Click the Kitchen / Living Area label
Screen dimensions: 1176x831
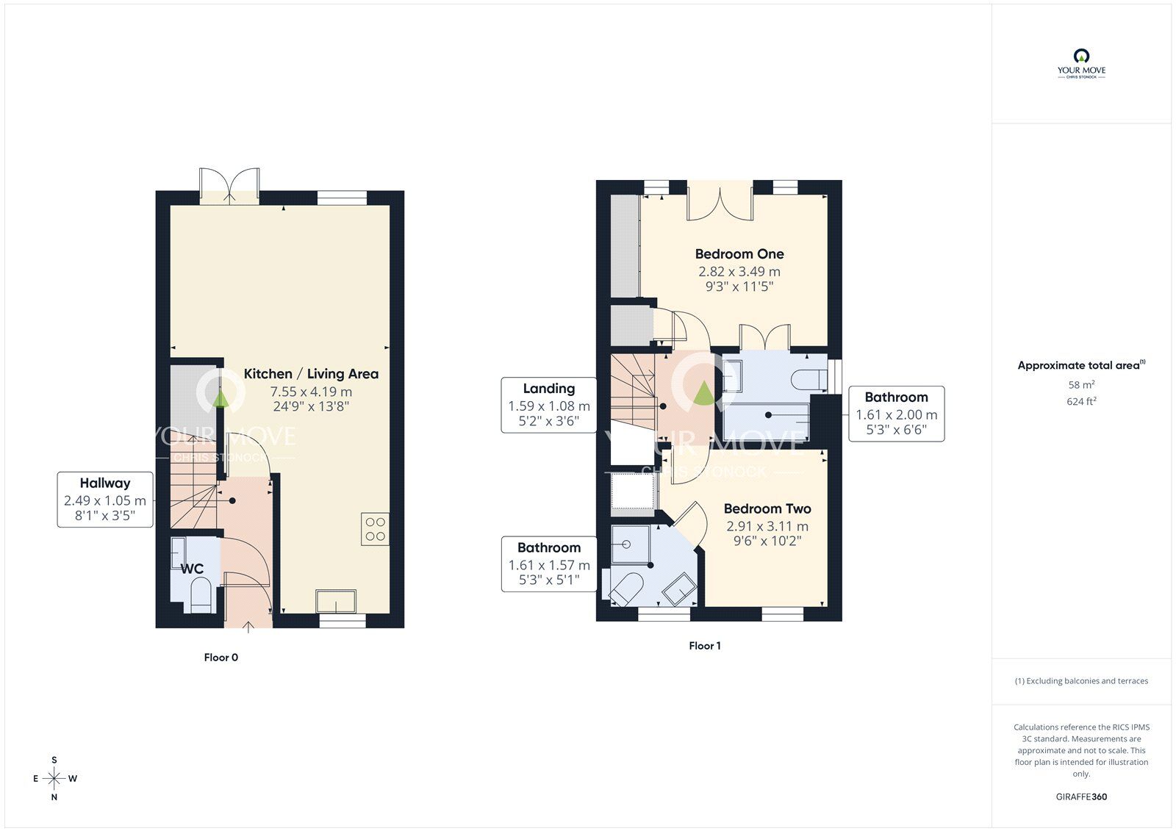click(311, 374)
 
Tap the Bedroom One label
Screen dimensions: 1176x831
click(739, 254)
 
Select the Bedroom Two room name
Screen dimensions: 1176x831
click(767, 508)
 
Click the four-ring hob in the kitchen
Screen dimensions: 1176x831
click(375, 528)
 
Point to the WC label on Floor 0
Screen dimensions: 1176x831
click(192, 569)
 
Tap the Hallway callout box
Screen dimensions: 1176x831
click(105, 499)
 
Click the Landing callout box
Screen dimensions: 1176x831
click(548, 405)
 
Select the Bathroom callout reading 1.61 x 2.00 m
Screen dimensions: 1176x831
click(896, 414)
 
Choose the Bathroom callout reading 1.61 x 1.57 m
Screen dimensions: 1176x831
click(548, 564)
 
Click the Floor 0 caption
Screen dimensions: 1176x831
click(221, 658)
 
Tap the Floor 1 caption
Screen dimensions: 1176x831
click(705, 646)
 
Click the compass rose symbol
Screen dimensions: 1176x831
click(54, 778)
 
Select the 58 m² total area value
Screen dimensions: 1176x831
click(1081, 384)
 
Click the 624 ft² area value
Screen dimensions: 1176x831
click(1081, 401)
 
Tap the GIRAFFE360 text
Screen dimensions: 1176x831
click(1081, 796)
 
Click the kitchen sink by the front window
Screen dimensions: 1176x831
click(336, 601)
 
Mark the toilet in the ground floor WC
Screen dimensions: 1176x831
click(201, 595)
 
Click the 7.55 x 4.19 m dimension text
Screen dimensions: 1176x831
click(311, 392)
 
